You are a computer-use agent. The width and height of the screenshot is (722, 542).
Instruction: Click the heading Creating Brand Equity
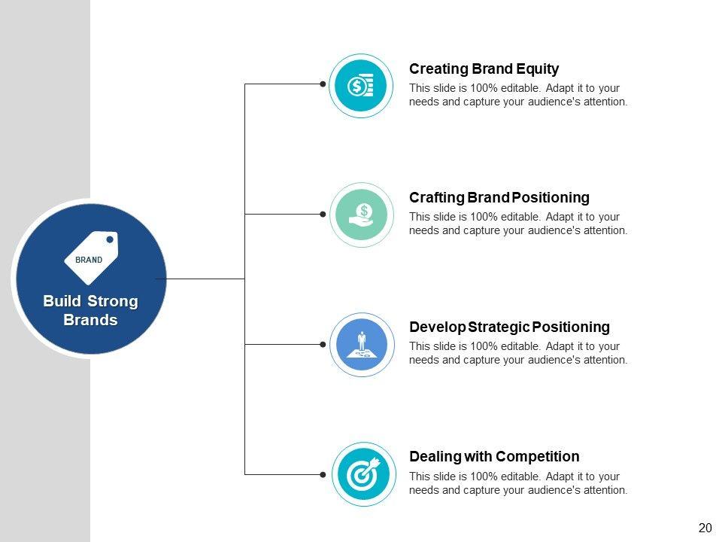point(484,69)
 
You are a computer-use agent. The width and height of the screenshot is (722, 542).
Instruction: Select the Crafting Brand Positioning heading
point(499,198)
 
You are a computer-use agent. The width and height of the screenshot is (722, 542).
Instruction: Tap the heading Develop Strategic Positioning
point(509,327)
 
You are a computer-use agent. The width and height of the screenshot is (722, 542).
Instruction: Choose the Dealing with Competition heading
point(494,457)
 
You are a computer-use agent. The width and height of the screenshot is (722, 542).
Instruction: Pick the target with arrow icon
point(363,473)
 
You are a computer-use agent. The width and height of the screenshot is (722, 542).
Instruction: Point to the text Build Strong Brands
point(90,311)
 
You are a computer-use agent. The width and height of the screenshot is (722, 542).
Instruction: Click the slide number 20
point(705,528)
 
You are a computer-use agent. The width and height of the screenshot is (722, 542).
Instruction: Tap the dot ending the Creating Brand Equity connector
point(323,84)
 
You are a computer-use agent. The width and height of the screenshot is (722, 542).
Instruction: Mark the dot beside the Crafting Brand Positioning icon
point(323,215)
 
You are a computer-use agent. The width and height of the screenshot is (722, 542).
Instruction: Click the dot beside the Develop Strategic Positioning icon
point(323,344)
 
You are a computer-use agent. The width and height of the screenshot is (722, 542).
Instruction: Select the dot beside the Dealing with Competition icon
point(323,474)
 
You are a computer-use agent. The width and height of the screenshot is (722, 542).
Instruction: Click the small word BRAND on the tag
point(89,260)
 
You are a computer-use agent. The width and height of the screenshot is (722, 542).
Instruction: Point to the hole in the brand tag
point(110,240)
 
